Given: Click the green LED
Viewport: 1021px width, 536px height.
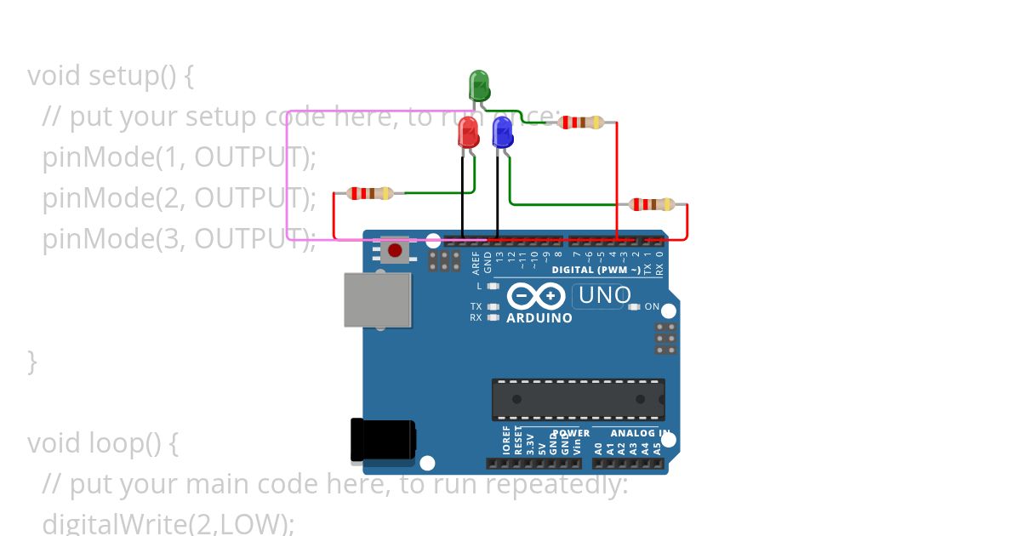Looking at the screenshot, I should [479, 85].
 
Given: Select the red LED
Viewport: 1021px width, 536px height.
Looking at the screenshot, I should [468, 132].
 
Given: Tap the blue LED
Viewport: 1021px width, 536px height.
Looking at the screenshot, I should [503, 132].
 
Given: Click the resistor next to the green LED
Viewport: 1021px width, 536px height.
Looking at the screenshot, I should [580, 123].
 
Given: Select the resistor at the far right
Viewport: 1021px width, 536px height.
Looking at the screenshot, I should [651, 204].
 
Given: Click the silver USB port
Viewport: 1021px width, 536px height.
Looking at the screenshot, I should [378, 299].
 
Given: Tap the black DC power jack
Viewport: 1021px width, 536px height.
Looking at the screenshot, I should [383, 439].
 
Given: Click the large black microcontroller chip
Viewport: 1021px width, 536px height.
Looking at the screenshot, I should [578, 400].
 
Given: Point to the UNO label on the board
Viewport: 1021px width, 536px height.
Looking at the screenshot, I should [604, 295].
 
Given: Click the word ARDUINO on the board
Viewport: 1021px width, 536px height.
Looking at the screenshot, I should [539, 318].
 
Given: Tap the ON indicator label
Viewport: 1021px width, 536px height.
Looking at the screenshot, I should [652, 306].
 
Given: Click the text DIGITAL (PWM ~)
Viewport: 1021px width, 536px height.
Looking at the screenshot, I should [596, 270].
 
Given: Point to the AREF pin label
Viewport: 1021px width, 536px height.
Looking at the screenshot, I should [476, 261].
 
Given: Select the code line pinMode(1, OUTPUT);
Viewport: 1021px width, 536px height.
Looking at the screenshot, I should [179, 157].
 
